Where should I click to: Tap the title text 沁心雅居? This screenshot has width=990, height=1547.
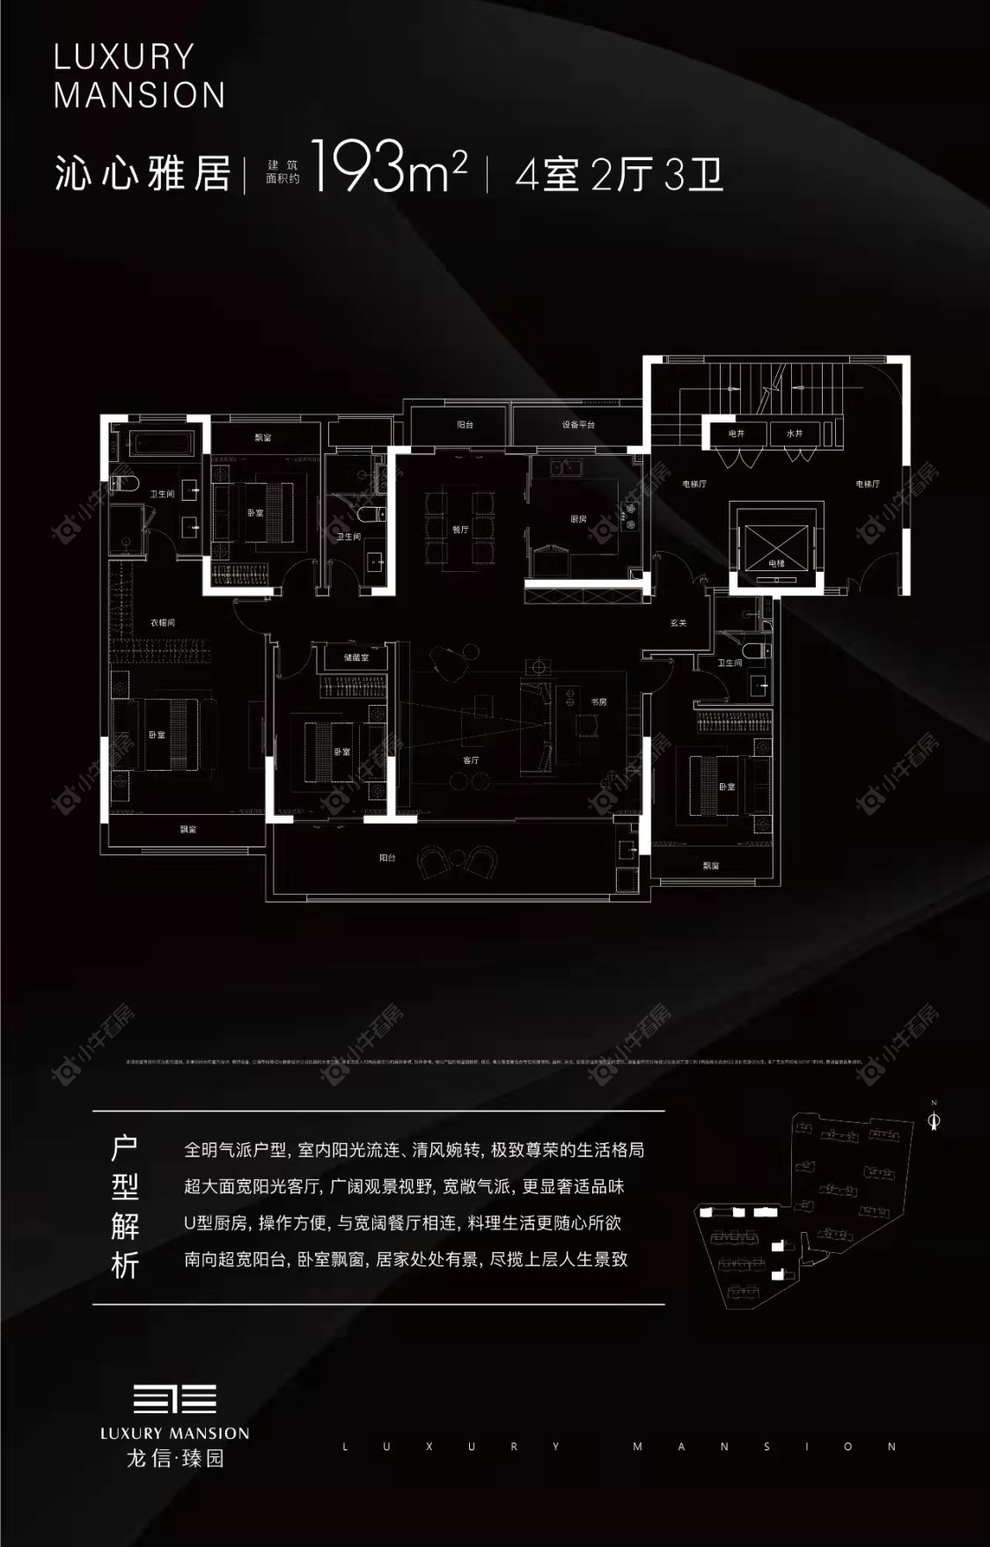tap(143, 173)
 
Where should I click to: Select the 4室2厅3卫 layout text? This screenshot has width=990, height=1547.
tap(619, 173)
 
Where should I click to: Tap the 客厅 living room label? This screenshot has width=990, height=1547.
tap(471, 760)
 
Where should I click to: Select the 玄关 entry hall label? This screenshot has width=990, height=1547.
tap(678, 623)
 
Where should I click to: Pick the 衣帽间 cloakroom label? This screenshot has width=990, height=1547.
tap(162, 622)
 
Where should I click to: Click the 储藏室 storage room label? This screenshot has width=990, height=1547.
tap(355, 657)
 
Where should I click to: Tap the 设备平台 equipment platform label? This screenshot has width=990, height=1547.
tap(578, 425)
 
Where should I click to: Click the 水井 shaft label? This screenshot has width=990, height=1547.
tap(794, 433)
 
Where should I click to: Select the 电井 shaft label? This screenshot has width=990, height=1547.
tap(737, 433)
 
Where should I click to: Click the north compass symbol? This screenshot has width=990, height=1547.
tap(935, 1119)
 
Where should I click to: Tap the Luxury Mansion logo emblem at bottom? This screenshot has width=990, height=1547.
tap(173, 1398)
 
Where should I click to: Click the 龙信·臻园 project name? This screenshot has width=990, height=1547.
tap(175, 1458)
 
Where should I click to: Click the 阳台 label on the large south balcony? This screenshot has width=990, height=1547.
tap(387, 857)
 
